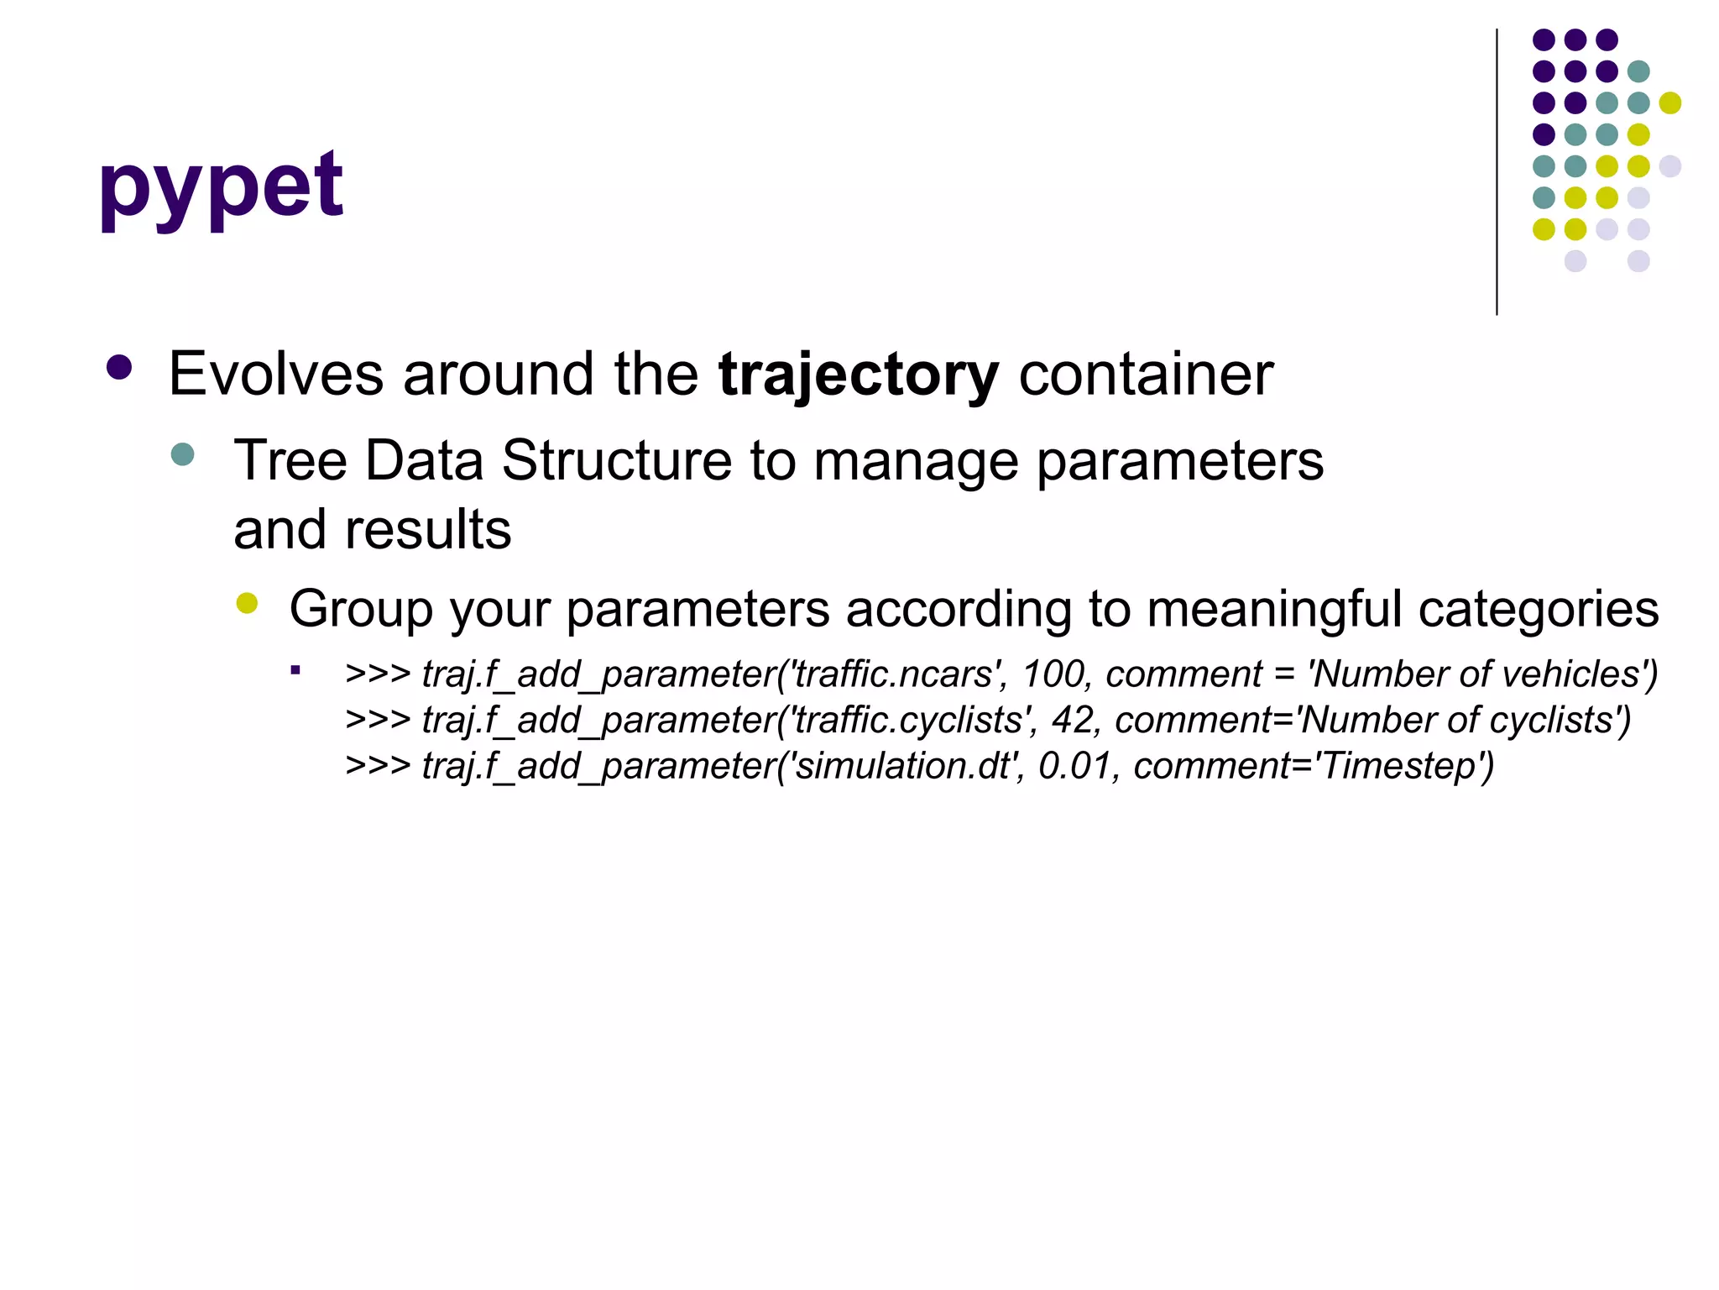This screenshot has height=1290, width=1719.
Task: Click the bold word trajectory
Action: (x=858, y=375)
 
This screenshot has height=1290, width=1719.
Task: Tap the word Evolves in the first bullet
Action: (x=275, y=374)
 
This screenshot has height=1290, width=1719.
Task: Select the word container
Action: (x=1146, y=374)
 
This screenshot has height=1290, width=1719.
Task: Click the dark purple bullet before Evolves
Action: (x=120, y=368)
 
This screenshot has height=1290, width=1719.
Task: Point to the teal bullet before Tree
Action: (x=182, y=455)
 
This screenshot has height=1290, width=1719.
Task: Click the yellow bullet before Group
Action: (x=247, y=603)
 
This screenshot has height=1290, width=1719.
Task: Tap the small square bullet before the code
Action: (x=295, y=670)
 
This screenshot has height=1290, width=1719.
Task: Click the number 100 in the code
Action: (x=1053, y=674)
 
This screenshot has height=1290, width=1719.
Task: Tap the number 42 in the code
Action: (x=1073, y=721)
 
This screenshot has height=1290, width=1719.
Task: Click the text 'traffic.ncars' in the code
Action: (x=892, y=674)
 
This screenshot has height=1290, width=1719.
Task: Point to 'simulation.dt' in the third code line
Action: (x=905, y=766)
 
